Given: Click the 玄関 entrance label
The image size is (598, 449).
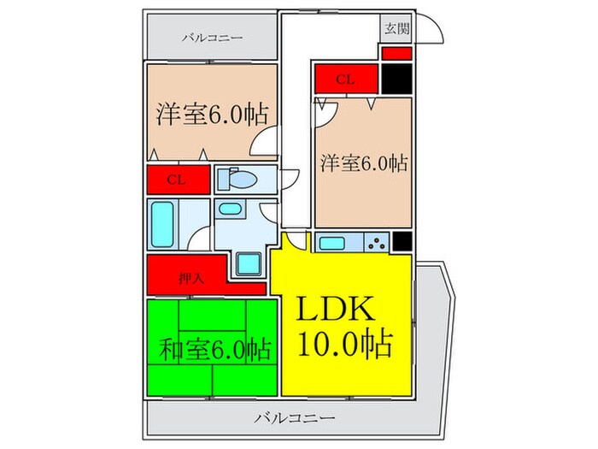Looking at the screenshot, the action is pos(396,29).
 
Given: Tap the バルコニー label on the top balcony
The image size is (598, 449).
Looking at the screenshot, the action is pos(212,38).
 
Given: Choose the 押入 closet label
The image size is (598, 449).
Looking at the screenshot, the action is pos(190,279).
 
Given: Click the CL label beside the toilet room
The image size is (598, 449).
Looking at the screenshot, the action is pos(177,180).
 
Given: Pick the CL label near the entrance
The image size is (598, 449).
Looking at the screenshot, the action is pos(346,80).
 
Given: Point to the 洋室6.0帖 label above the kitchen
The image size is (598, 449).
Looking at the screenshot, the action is pos(363,162).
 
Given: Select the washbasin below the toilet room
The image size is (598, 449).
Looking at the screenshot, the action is pos(229,209).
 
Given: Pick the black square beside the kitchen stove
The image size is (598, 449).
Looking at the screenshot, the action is pos(402,243).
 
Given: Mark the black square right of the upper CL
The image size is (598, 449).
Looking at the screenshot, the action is pos(396,79).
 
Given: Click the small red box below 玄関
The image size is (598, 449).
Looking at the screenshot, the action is pos(396,53).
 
